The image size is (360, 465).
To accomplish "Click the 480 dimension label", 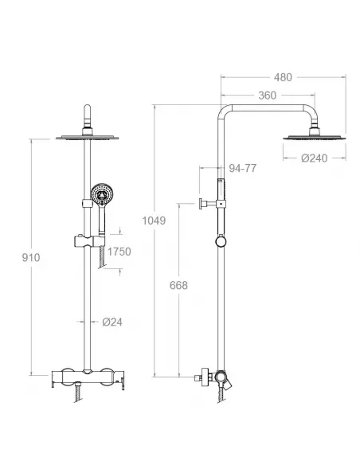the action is coord(283,77).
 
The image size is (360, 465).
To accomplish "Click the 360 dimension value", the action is coord(267,96).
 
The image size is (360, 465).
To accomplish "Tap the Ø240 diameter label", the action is coord(315,158).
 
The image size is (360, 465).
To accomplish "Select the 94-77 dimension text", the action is coord(243,168).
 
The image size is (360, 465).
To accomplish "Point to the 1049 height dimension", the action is coord(154,221).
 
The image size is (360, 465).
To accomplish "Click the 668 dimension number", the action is coord(178,285).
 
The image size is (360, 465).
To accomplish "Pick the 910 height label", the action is coord(31,257).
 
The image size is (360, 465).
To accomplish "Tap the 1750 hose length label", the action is coord(119,252).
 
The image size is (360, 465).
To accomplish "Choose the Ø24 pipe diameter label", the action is coord(112,322).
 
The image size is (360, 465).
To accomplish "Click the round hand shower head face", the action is coord(102,193).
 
